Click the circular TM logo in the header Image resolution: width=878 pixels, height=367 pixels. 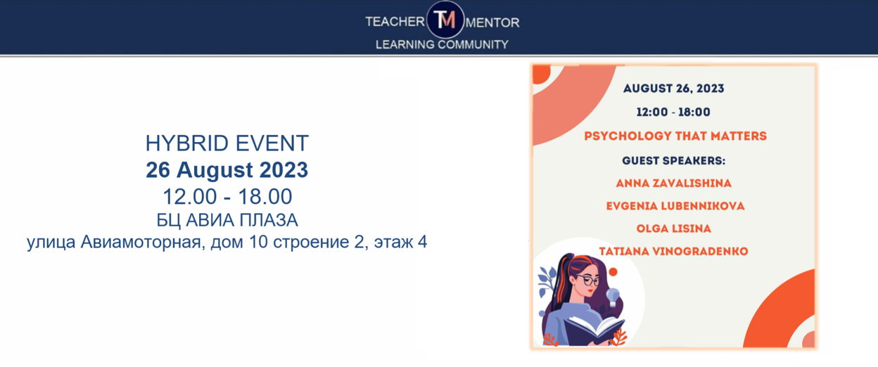[445, 20]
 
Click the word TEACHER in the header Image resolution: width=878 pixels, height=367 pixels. [395, 22]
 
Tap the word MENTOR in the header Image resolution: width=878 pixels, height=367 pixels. [492, 22]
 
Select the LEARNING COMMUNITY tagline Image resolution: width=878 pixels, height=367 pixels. [442, 45]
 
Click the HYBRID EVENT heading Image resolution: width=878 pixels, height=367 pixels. [227, 143]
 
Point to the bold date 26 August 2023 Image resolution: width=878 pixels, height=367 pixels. [227, 170]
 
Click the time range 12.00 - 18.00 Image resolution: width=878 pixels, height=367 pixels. [227, 197]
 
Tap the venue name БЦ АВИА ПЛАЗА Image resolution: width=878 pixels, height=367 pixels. [227, 220]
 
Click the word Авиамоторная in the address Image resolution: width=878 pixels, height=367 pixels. [143, 242]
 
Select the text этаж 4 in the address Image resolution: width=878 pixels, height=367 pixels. [400, 242]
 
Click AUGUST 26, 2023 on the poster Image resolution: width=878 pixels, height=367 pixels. [673, 89]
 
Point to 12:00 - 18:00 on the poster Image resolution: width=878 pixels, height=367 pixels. [673, 112]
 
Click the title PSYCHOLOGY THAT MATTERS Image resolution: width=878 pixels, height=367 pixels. [675, 136]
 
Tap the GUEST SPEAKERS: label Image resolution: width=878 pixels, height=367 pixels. [674, 160]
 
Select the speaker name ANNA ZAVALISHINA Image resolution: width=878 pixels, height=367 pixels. [673, 183]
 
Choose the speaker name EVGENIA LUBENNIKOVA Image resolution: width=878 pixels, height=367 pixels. [675, 206]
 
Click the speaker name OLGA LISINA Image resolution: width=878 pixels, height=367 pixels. [673, 228]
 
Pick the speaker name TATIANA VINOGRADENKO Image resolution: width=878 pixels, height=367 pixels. [673, 251]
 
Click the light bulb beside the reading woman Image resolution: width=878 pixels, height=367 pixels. [612, 296]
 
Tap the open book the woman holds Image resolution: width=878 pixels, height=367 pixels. [594, 330]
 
